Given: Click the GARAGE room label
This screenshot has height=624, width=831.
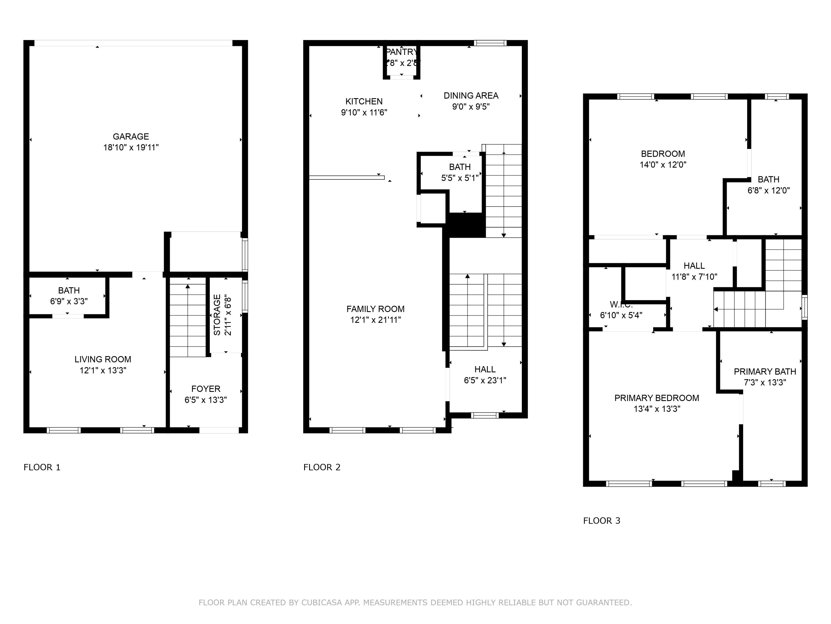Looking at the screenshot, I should (131, 136).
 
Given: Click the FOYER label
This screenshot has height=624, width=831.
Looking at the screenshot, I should (206, 389).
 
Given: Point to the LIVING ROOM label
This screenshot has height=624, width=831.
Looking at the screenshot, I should (102, 359).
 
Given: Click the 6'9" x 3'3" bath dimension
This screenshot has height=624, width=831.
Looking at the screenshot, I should (69, 301).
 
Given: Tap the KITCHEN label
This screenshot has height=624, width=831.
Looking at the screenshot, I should (364, 101).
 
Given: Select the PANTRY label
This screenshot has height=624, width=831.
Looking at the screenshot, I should (401, 52).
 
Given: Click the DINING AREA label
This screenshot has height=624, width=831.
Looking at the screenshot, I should (471, 95).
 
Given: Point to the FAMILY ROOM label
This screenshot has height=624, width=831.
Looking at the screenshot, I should (375, 309).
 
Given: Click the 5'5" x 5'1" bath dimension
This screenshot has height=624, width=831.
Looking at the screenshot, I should (460, 178).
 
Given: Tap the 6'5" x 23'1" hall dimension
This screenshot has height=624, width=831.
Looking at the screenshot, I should (485, 380).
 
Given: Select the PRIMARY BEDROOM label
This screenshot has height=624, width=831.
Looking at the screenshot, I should (656, 398).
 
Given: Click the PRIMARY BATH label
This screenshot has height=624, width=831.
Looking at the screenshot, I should (765, 372).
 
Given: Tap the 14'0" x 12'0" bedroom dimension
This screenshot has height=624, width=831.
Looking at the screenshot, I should (663, 165).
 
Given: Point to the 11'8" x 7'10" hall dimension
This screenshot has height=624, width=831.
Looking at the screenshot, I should (694, 277).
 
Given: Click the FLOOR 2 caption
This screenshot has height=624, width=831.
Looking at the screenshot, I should (322, 467).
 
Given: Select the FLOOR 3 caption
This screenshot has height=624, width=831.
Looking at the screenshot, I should (601, 521).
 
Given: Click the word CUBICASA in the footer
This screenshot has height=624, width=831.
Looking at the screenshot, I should (321, 603).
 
